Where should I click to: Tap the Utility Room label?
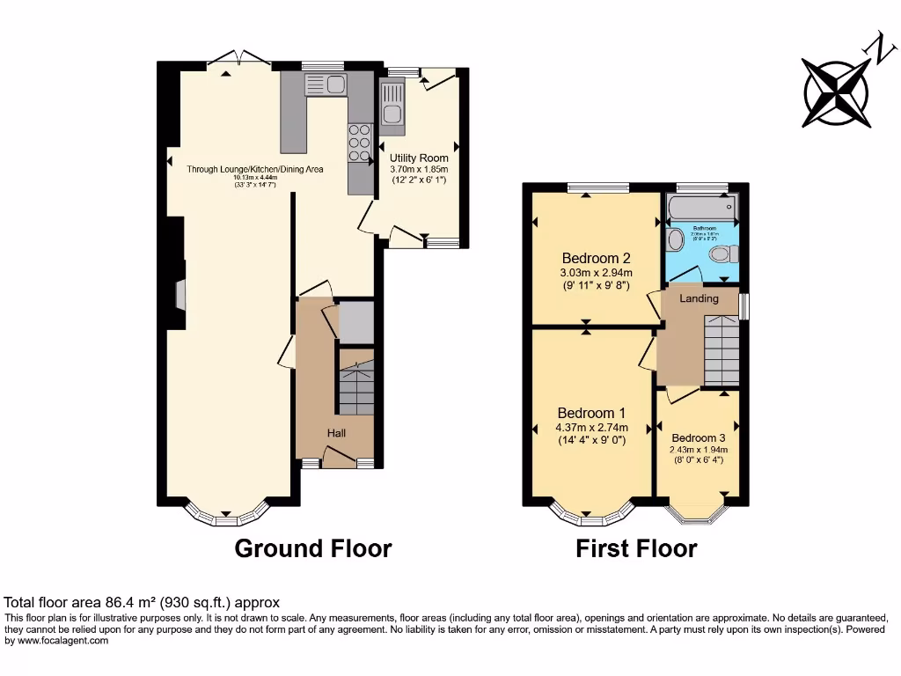click(x=419, y=158)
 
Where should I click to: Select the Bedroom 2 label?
click(x=596, y=259)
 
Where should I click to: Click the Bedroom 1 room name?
click(x=591, y=413)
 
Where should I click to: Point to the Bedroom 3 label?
click(x=698, y=438)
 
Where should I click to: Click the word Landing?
click(x=700, y=298)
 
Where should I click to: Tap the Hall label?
click(x=337, y=433)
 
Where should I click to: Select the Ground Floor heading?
click(x=312, y=548)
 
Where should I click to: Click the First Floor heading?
click(x=636, y=549)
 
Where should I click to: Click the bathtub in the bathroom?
click(x=701, y=208)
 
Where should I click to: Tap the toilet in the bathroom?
click(x=723, y=254)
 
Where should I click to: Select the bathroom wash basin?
click(x=676, y=239)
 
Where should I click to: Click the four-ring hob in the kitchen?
click(x=359, y=143)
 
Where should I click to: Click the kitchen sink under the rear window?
click(x=326, y=84)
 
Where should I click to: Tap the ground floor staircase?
click(x=356, y=387)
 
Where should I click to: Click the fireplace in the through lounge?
click(x=180, y=295)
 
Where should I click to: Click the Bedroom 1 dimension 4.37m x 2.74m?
click(x=591, y=428)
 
